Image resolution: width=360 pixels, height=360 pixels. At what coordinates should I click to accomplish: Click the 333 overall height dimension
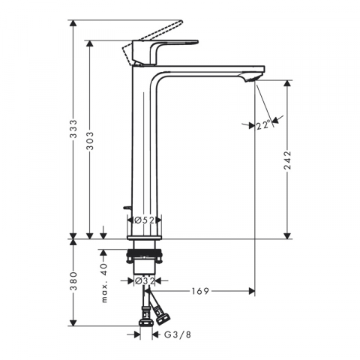(73, 129)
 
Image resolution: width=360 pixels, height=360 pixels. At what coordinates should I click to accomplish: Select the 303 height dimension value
(90, 141)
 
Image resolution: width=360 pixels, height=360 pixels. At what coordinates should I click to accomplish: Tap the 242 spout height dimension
(288, 160)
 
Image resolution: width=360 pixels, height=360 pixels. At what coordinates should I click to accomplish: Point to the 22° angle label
(263, 125)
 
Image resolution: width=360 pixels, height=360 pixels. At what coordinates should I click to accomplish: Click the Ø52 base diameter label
(144, 220)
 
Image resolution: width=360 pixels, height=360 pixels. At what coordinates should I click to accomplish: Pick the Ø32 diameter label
(145, 281)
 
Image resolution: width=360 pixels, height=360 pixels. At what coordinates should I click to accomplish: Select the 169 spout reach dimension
(200, 291)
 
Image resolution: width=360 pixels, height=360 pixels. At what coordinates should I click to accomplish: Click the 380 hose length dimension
(73, 281)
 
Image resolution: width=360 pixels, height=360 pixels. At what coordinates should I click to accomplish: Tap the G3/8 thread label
(178, 334)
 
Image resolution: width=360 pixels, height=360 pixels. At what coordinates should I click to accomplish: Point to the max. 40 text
(104, 283)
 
